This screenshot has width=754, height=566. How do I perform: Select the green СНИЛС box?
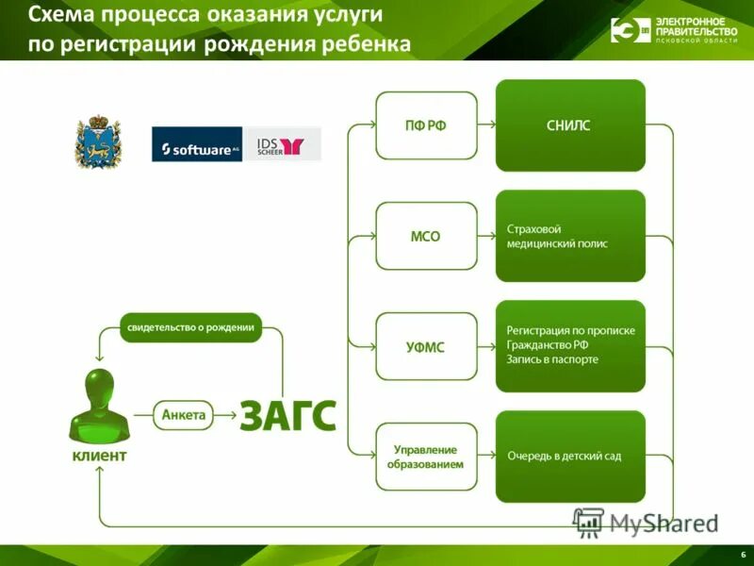tap(570, 125)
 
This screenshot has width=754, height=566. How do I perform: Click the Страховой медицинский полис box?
tap(570, 236)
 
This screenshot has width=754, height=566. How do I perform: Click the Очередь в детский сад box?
tap(570, 457)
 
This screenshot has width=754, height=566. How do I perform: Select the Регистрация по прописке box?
tap(570, 346)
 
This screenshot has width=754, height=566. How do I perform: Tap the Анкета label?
tap(184, 414)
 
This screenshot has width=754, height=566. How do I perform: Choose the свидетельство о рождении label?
tap(191, 327)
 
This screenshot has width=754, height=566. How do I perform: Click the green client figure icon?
tap(99, 406)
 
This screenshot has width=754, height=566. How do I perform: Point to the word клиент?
tap(99, 457)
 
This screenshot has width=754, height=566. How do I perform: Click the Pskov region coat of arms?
tap(94, 141)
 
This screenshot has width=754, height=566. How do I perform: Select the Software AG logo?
tap(197, 144)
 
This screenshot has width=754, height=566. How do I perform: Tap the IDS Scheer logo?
tap(283, 144)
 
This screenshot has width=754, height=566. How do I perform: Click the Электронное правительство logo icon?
tap(629, 30)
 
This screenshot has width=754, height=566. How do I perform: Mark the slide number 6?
tap(743, 553)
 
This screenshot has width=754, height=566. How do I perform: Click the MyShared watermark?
tap(646, 522)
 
